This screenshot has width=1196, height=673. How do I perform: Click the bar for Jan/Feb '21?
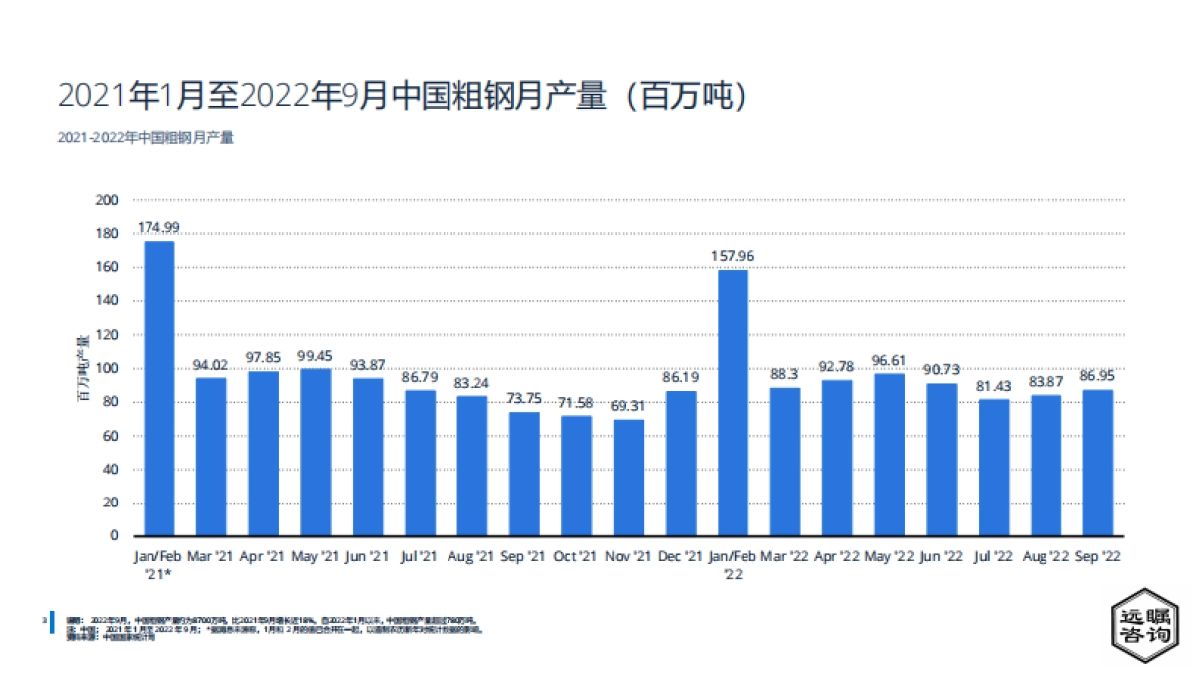point(159,389)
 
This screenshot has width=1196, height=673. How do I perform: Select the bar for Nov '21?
point(629,478)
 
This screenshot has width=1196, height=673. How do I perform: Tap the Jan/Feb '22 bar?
point(733,403)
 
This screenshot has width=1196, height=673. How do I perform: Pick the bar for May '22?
point(889,455)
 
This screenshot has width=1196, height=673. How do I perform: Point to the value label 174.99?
point(159,228)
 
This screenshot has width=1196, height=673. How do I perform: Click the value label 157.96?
point(733,256)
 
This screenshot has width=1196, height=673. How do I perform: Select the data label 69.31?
point(629,406)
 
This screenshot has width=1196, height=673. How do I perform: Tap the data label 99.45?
point(316,355)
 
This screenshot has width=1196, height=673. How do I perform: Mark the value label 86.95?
point(1097,376)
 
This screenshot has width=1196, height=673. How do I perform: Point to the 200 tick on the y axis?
point(107,200)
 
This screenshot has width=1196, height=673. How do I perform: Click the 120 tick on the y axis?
point(107,335)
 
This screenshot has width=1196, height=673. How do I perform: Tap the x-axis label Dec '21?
point(681,555)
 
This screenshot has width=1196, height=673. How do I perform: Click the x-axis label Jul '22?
point(993,555)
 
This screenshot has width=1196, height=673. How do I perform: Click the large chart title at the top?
point(402,96)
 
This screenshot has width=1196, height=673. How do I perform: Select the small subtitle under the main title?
point(146,138)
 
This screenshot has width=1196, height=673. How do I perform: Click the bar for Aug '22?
point(1046,466)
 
